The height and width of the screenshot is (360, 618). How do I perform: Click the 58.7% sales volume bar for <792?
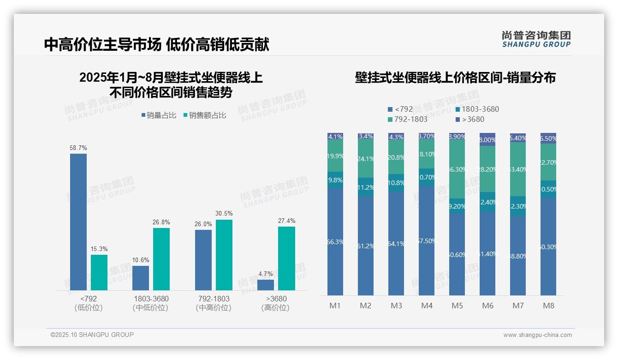[x=78, y=222]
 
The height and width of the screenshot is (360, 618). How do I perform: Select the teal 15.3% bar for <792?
[x=99, y=272]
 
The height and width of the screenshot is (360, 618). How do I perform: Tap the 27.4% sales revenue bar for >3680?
[x=286, y=258]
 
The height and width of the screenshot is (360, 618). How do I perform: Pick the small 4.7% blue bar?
[x=266, y=285]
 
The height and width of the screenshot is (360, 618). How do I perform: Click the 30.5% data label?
[x=224, y=214]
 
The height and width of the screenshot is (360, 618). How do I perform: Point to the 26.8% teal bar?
[x=161, y=259]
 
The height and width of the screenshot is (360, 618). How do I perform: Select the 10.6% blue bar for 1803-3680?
[x=141, y=278]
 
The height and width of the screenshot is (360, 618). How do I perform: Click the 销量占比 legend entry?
[x=158, y=115]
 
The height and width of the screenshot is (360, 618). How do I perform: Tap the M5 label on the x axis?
[x=457, y=306]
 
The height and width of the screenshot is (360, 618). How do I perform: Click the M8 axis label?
[x=548, y=306]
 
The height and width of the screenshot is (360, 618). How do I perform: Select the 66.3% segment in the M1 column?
[x=335, y=241]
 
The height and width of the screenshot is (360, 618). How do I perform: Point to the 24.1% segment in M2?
[x=366, y=159]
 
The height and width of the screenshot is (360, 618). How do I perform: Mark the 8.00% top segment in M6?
[x=487, y=139]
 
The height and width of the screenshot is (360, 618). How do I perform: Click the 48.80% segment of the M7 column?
[x=518, y=256]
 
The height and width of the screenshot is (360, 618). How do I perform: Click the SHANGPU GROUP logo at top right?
[x=536, y=39]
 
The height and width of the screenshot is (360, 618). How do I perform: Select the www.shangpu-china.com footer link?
[x=537, y=335]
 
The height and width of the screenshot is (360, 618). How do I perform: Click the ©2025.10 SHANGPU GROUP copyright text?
[x=92, y=335]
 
